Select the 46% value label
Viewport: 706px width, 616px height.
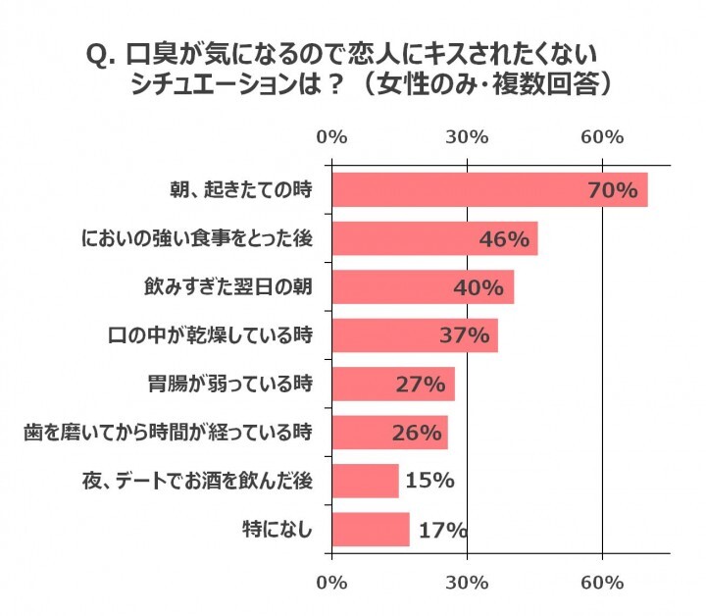click(x=504, y=238)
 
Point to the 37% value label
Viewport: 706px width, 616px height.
click(x=464, y=335)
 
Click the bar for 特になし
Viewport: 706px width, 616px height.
click(x=371, y=530)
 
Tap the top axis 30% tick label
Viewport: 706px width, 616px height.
click(x=468, y=138)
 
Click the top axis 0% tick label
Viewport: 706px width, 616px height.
click(x=332, y=138)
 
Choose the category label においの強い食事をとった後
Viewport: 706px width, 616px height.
click(x=197, y=238)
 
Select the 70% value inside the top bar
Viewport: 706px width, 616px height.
click(x=613, y=190)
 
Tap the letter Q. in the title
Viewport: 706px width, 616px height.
click(x=103, y=54)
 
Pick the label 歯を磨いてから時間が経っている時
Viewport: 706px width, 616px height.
click(x=168, y=433)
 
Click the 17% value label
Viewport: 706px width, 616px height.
click(x=441, y=531)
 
